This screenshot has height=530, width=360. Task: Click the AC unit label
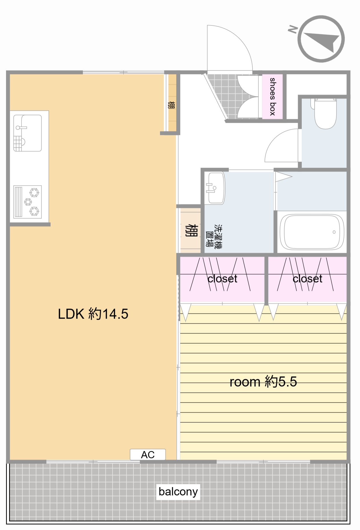[x=148, y=455]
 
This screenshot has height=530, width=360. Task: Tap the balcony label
[x=178, y=492]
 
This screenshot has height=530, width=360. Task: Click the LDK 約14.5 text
[x=93, y=314]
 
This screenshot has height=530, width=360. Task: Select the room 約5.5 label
[x=263, y=382]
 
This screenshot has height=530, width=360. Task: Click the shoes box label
[x=273, y=97]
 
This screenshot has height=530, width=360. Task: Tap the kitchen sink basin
[x=28, y=133]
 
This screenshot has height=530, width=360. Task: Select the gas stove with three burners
[x=28, y=202]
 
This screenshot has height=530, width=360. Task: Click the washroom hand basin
[x=215, y=188]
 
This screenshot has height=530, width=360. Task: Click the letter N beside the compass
[x=293, y=29]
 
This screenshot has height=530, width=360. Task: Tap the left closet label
[x=222, y=279]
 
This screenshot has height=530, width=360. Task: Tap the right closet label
[x=307, y=279]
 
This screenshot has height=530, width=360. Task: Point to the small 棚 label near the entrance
[x=171, y=105]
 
